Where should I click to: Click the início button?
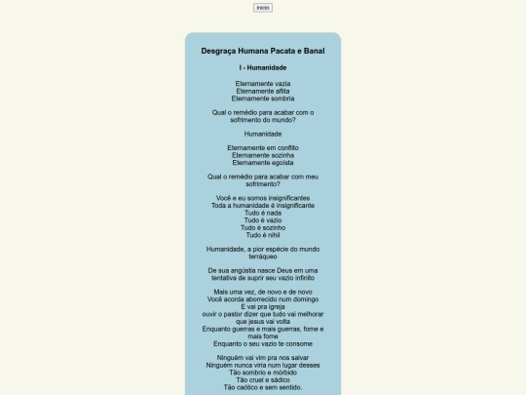pos(263,8)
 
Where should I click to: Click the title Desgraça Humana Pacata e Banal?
pos(263,51)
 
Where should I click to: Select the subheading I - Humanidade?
pos(263,68)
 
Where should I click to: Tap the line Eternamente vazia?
pos(263,84)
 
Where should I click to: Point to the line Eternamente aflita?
pos(263,91)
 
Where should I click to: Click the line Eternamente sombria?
pos(263,99)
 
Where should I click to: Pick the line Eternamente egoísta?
pos(263,163)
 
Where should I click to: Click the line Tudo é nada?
pos(263,213)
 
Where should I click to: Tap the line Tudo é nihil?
pos(263,235)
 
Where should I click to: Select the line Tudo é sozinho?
pos(263,227)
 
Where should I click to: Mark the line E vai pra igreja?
pos(263,307)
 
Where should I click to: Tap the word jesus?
pos(264,322)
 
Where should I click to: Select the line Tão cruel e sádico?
pos(263,379)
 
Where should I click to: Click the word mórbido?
pos(282,373)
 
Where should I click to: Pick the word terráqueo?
pos(263,257)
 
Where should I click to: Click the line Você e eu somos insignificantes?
pos(263,198)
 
